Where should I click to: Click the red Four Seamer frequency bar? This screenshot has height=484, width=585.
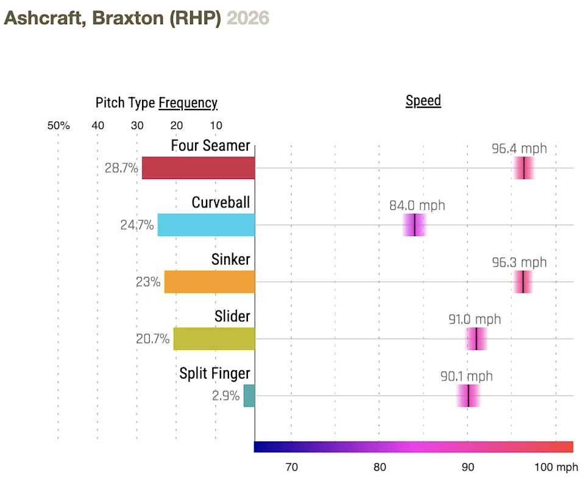198,168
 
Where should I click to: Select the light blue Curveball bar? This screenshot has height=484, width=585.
206,225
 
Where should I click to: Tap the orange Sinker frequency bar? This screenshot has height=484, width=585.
210,282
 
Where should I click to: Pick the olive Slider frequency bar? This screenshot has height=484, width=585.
214,338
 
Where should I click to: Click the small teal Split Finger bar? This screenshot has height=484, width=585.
249,396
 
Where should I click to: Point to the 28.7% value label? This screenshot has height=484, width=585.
121,168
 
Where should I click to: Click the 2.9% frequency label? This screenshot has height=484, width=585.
225,396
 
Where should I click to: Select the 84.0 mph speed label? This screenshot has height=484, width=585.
417,205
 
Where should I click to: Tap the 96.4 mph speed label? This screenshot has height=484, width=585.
519,149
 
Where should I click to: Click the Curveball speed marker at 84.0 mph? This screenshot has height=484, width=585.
414,225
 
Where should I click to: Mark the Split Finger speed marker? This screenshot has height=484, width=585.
468,396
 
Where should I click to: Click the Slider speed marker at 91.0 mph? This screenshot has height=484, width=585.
476,338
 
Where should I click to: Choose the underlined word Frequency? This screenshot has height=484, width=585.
188,103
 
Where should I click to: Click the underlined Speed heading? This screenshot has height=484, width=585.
423,100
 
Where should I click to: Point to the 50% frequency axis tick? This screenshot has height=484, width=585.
58,125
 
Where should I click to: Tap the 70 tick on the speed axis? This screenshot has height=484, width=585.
291,467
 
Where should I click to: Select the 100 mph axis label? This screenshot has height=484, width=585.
556,467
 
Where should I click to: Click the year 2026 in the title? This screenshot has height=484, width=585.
247,18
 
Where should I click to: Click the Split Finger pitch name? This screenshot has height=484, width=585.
214,373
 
